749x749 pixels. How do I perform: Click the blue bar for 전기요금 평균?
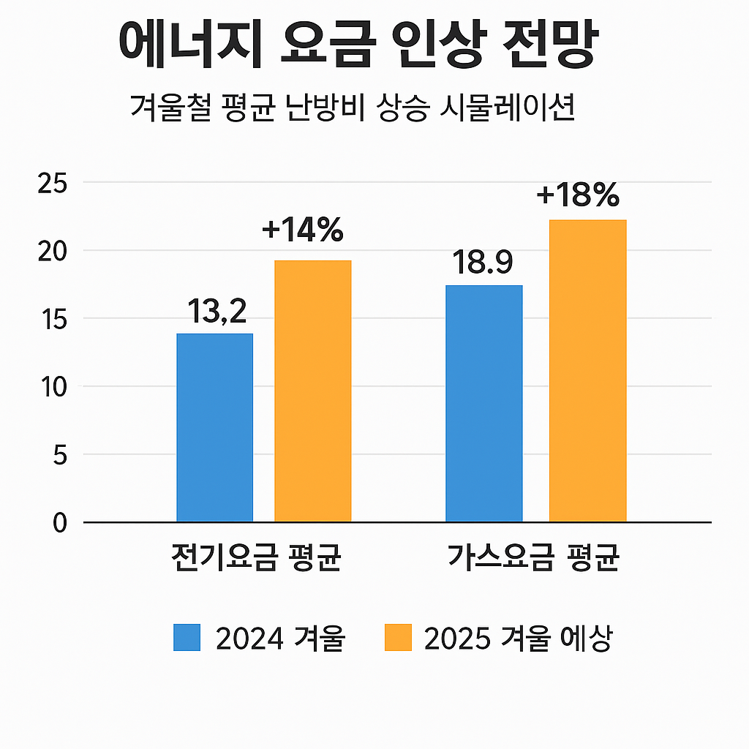pyautogui.click(x=214, y=428)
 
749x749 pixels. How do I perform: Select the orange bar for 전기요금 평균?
pyautogui.click(x=312, y=391)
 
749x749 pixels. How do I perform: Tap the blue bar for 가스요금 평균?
pyautogui.click(x=484, y=404)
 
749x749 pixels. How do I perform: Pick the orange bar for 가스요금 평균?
pyautogui.click(x=587, y=371)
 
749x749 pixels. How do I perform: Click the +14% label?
pyautogui.click(x=302, y=230)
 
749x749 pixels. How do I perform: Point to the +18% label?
pyautogui.click(x=578, y=195)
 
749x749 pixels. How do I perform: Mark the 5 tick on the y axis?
pyautogui.click(x=59, y=455)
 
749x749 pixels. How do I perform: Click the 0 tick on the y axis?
pyautogui.click(x=59, y=522)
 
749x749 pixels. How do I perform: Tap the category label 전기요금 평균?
pyautogui.click(x=255, y=559)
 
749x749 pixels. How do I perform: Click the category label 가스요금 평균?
pyautogui.click(x=534, y=559)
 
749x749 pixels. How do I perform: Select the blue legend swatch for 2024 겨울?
pyautogui.click(x=187, y=637)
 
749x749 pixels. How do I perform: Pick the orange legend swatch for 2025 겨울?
pyautogui.click(x=399, y=637)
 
